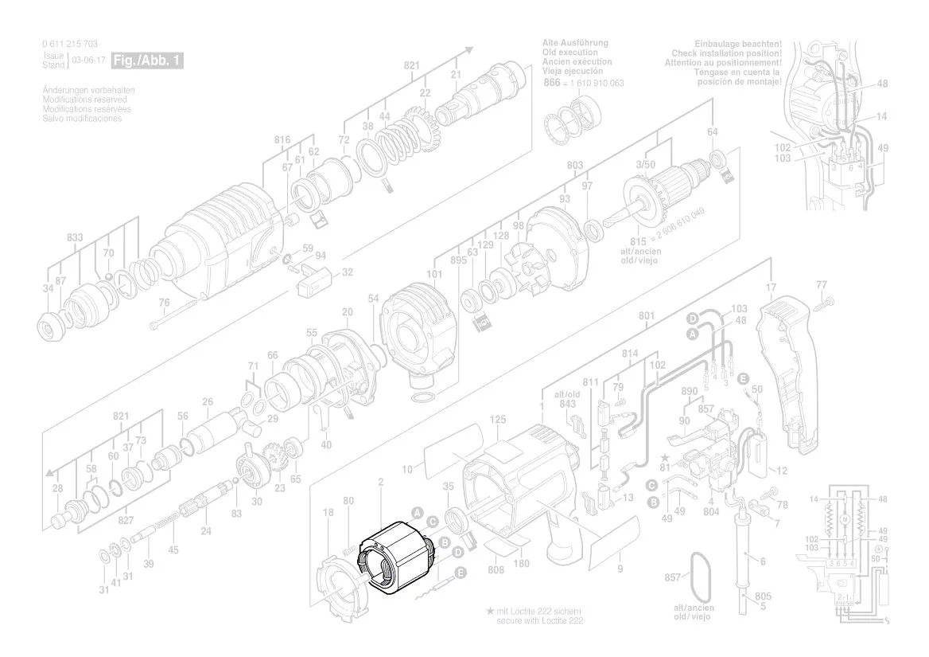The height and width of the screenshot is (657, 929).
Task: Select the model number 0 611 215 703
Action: pyautogui.click(x=70, y=44)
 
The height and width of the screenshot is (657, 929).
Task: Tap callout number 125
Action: pyautogui.click(x=497, y=419)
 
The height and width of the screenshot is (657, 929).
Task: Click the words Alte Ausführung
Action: pyautogui.click(x=576, y=42)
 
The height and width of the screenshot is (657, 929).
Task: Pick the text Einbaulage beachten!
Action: pyautogui.click(x=737, y=43)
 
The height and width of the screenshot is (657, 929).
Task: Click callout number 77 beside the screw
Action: pyautogui.click(x=822, y=284)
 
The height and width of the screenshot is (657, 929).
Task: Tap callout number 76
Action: pyautogui.click(x=164, y=302)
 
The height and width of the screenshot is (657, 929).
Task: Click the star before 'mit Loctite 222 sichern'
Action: pyautogui.click(x=490, y=611)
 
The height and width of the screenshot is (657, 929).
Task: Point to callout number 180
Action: pyautogui.click(x=522, y=564)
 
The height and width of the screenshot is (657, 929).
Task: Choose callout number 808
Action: pyautogui.click(x=496, y=569)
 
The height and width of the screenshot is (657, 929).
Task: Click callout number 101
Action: pyautogui.click(x=433, y=275)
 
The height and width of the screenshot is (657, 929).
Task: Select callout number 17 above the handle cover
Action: pyautogui.click(x=770, y=287)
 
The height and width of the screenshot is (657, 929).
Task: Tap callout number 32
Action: pyautogui.click(x=347, y=272)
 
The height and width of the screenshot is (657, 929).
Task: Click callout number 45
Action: pyautogui.click(x=173, y=549)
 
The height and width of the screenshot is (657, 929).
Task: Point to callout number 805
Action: pyautogui.click(x=763, y=596)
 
